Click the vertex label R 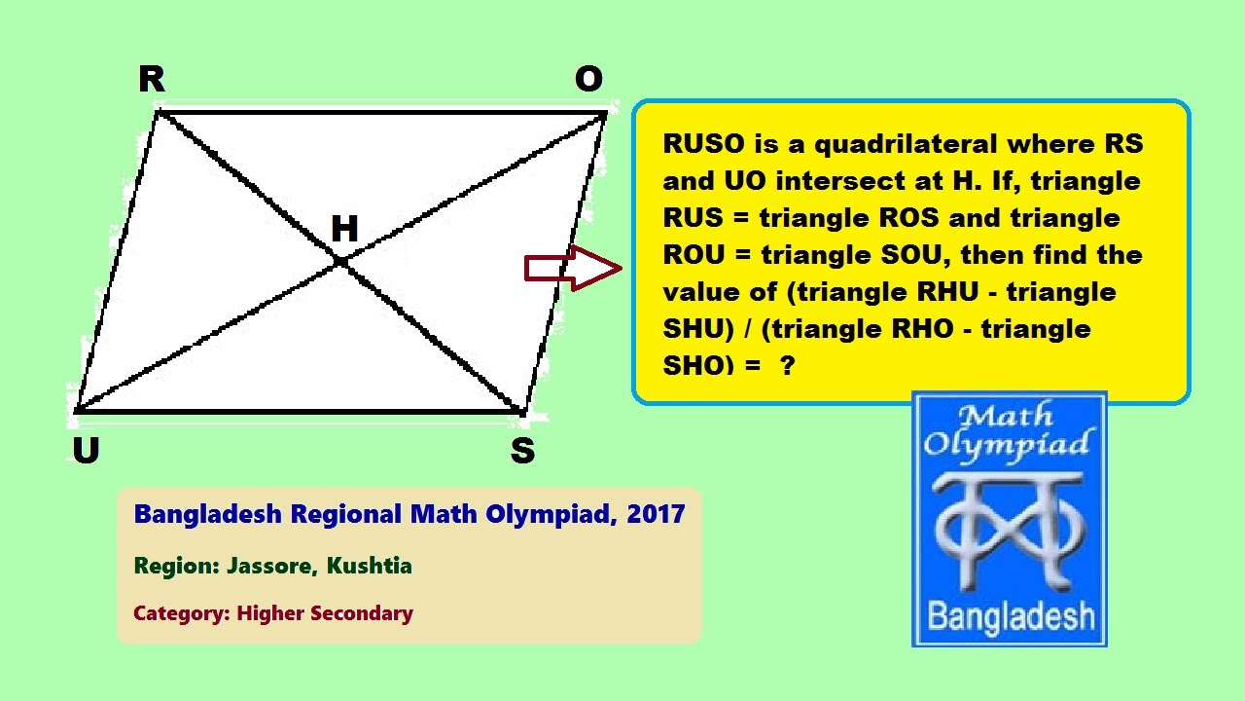coord(152,80)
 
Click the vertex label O coord(588,80)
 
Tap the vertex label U coord(86,451)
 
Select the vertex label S coord(522,451)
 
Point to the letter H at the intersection coord(344,230)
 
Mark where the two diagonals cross coord(340,261)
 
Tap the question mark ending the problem coord(787,366)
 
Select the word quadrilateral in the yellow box coord(905,144)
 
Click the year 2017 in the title coord(656,513)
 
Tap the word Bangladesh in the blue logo coord(1011,615)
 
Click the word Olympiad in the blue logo coord(1007,445)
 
